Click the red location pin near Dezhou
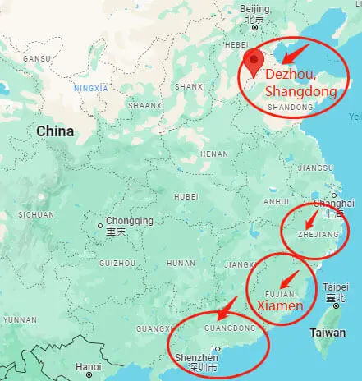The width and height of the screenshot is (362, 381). (x=254, y=61)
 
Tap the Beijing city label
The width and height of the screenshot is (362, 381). (x=255, y=9)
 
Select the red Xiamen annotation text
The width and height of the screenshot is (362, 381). (x=282, y=305)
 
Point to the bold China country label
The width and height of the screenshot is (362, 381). (x=54, y=131)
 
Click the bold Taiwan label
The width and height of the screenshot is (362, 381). (x=328, y=333)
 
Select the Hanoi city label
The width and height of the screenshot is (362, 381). (x=88, y=366)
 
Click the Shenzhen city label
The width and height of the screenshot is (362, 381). (x=197, y=359)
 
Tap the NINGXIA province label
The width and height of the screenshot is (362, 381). (x=90, y=87)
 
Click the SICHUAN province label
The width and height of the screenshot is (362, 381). (x=36, y=214)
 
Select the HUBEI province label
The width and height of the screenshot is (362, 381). (x=186, y=196)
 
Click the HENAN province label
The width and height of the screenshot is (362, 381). (x=214, y=154)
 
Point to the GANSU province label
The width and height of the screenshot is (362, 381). (x=36, y=59)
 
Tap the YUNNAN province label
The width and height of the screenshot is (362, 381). (x=18, y=318)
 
